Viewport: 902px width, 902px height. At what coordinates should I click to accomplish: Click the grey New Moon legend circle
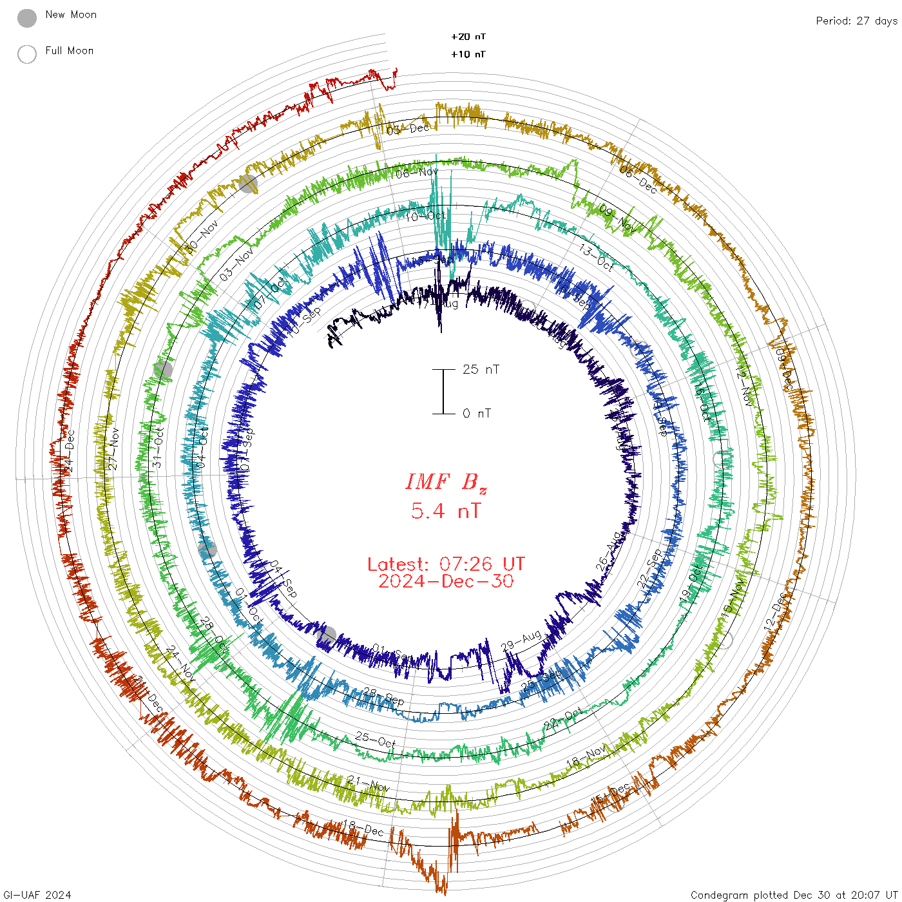27,18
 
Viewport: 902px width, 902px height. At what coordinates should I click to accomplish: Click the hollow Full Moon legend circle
27,54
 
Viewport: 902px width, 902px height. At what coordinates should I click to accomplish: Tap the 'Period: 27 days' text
856,21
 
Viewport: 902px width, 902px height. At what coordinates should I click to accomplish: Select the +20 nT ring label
468,37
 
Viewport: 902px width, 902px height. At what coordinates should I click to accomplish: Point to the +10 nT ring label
468,54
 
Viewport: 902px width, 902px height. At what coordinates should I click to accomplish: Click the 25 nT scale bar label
481,369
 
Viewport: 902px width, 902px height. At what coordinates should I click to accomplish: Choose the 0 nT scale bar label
477,413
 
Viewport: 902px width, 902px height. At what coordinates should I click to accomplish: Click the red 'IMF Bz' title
446,482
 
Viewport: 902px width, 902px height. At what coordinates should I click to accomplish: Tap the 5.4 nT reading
446,511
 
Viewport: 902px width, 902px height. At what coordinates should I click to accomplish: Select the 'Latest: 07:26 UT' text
446,564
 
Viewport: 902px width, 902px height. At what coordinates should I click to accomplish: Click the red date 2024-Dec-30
446,581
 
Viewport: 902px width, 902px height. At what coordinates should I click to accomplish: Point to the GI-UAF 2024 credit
37,895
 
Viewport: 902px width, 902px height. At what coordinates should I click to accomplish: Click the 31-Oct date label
158,448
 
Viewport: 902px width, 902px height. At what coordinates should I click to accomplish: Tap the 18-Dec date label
363,827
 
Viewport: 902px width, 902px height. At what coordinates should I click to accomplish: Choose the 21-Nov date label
368,783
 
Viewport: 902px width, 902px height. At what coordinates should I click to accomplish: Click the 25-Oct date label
375,740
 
